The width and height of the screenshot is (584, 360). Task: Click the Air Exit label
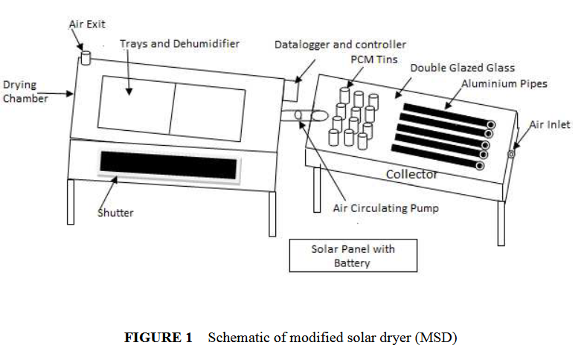(x=86, y=25)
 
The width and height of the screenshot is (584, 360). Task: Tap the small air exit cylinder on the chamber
(x=85, y=57)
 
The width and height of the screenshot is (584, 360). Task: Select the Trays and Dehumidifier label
(x=179, y=44)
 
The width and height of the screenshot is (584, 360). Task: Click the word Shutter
(x=115, y=213)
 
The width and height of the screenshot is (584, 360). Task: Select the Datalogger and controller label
(x=340, y=45)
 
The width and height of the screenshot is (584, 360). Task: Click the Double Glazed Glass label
(x=462, y=68)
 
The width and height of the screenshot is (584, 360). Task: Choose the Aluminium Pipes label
(x=504, y=83)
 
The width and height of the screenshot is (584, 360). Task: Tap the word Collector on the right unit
(x=411, y=174)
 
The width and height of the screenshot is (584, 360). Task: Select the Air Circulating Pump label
(x=385, y=208)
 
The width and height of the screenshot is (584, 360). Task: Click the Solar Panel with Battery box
(x=352, y=256)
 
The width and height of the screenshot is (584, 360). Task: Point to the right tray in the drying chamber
(x=208, y=112)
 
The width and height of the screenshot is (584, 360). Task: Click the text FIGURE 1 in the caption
(x=158, y=338)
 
